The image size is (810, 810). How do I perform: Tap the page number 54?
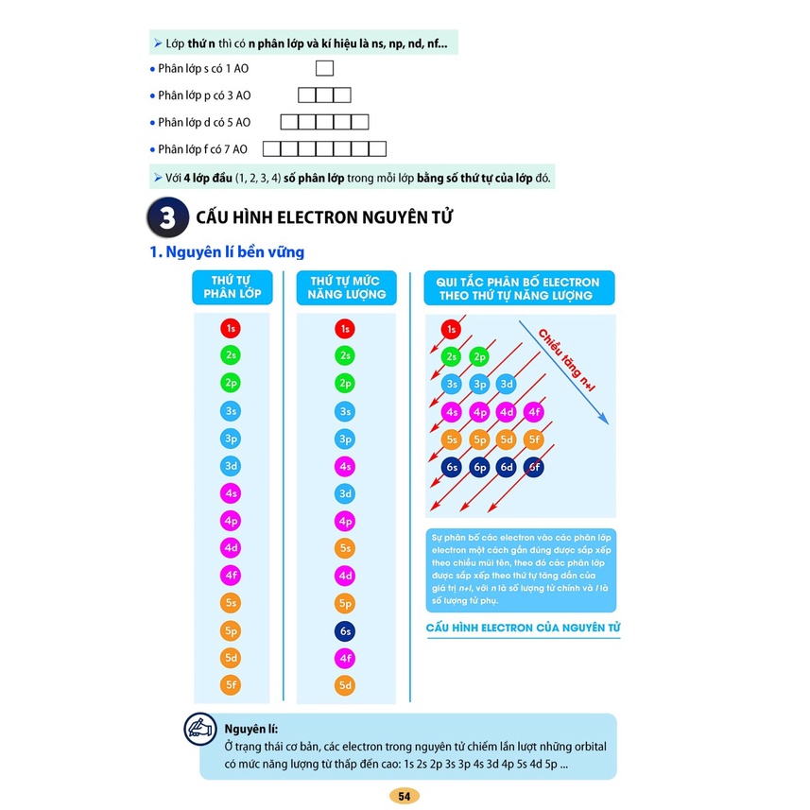[x=404, y=796]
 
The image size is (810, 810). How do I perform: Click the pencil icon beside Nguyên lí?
[x=199, y=728]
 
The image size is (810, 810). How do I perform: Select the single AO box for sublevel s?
[x=324, y=68]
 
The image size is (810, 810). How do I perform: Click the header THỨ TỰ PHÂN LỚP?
[x=232, y=287]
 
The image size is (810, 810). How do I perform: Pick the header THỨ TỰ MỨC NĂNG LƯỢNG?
[x=346, y=287]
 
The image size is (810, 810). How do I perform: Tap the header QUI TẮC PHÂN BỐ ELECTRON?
[x=512, y=288]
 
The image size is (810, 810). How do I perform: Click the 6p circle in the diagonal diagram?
[x=480, y=467]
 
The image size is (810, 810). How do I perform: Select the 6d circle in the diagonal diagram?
[x=508, y=467]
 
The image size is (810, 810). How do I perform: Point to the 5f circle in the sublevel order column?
[x=232, y=684]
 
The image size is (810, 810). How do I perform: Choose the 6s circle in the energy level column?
[x=346, y=630]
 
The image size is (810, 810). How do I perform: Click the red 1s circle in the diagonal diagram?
[x=452, y=330]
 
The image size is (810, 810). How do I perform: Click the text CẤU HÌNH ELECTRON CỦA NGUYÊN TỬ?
[x=523, y=629]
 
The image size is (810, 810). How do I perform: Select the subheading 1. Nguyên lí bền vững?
[x=227, y=252]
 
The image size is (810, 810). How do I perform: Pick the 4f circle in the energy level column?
[x=346, y=658]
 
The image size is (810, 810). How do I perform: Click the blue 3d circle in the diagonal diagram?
[x=508, y=384]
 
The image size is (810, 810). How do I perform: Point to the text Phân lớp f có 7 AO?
[x=202, y=148]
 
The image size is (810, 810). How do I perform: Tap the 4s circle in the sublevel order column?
[x=232, y=492]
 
